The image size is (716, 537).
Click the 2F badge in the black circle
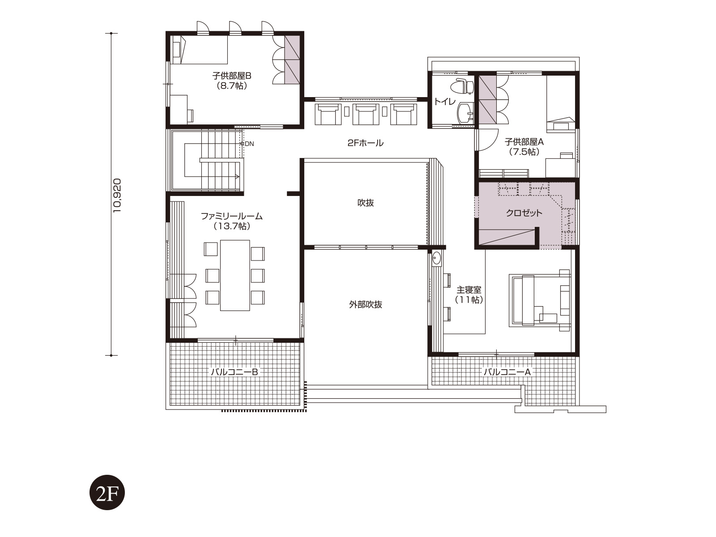pyautogui.click(x=107, y=492)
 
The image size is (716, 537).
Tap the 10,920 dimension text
pyautogui.click(x=117, y=196)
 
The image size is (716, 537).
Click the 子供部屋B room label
pyautogui.click(x=232, y=76)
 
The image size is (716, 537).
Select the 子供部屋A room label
pyautogui.click(x=524, y=142)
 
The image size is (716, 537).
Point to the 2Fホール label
pyautogui.click(x=365, y=143)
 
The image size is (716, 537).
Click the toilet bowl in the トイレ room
pyautogui.click(x=461, y=86)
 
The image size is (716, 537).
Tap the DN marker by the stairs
pyautogui.click(x=247, y=144)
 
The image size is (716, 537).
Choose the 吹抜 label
pyautogui.click(x=365, y=203)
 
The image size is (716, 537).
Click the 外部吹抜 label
pyautogui.click(x=365, y=305)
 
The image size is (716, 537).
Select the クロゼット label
pyautogui.click(x=524, y=213)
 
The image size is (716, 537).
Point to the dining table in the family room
pyautogui.click(x=235, y=275)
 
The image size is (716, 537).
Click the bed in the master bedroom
pyautogui.click(x=540, y=300)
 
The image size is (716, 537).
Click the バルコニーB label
pyautogui.click(x=234, y=372)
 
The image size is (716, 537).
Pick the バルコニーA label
pyautogui.click(x=507, y=372)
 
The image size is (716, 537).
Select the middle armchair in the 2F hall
pyautogui.click(x=366, y=114)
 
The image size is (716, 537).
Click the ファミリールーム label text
pyautogui.click(x=232, y=216)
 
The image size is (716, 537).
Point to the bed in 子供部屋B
pyautogui.click(x=200, y=50)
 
